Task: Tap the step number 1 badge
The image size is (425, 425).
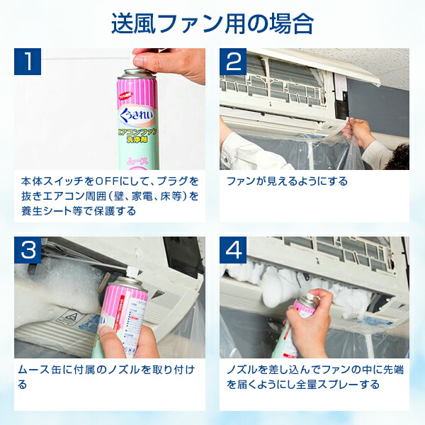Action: point(29,62)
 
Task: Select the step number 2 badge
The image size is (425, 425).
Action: point(234,62)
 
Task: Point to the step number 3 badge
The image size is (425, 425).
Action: point(29,250)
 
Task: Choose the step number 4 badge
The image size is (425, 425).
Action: point(234,250)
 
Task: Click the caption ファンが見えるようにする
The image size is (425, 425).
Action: point(287,181)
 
